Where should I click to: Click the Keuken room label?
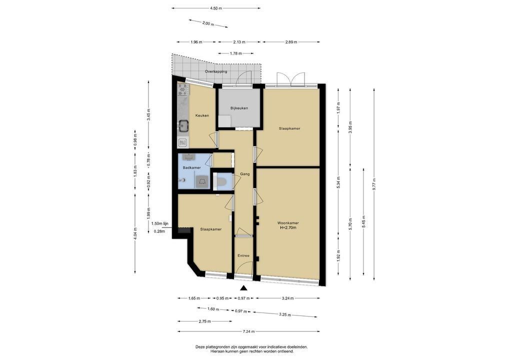(202, 115)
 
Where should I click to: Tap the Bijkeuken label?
(239, 108)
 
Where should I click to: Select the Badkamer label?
(191, 168)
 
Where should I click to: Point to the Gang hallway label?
(245, 174)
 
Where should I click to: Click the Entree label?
(243, 256)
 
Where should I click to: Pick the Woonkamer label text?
(288, 223)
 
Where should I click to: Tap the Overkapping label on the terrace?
(216, 71)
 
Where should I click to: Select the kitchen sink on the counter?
(183, 125)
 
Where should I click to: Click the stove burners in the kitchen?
(183, 89)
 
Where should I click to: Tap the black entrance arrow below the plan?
(243, 287)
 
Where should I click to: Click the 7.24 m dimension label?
(248, 331)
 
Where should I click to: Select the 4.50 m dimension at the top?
(216, 8)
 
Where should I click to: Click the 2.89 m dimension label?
(291, 42)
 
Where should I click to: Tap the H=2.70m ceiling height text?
(288, 227)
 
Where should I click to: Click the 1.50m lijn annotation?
(159, 223)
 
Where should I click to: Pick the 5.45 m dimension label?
(363, 221)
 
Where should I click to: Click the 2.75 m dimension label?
(205, 321)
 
